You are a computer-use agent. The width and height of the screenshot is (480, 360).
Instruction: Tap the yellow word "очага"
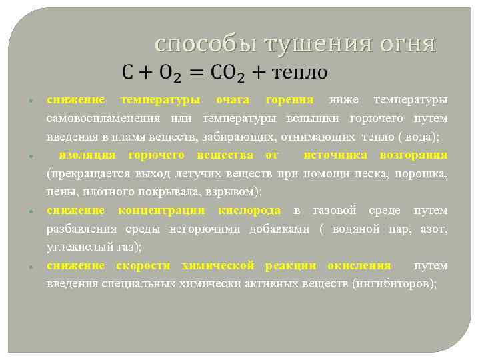[x=233, y=100]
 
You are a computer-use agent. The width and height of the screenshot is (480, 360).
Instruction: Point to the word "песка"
[x=367, y=174]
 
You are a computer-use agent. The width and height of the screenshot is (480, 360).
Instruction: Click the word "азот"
[x=434, y=229]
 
